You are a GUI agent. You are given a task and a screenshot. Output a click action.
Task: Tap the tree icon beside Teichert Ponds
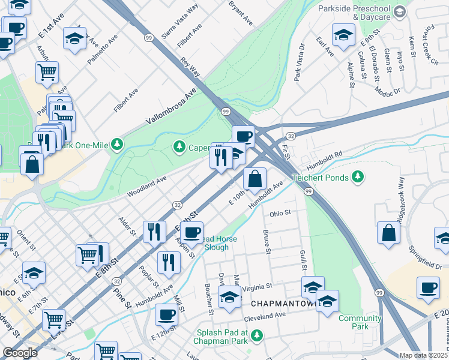358,176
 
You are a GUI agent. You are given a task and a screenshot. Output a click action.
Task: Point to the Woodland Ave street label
146,187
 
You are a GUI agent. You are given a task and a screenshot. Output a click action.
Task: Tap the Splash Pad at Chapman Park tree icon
257,334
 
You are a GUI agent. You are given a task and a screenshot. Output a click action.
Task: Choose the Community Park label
360,322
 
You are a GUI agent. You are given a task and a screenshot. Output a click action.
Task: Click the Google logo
20,353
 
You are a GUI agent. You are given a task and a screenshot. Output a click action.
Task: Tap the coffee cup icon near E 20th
427,288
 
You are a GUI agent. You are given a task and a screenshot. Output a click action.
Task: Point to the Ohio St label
280,213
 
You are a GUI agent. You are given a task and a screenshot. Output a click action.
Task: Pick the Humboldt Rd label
324,160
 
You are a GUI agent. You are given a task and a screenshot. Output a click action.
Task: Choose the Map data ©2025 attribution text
423,355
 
